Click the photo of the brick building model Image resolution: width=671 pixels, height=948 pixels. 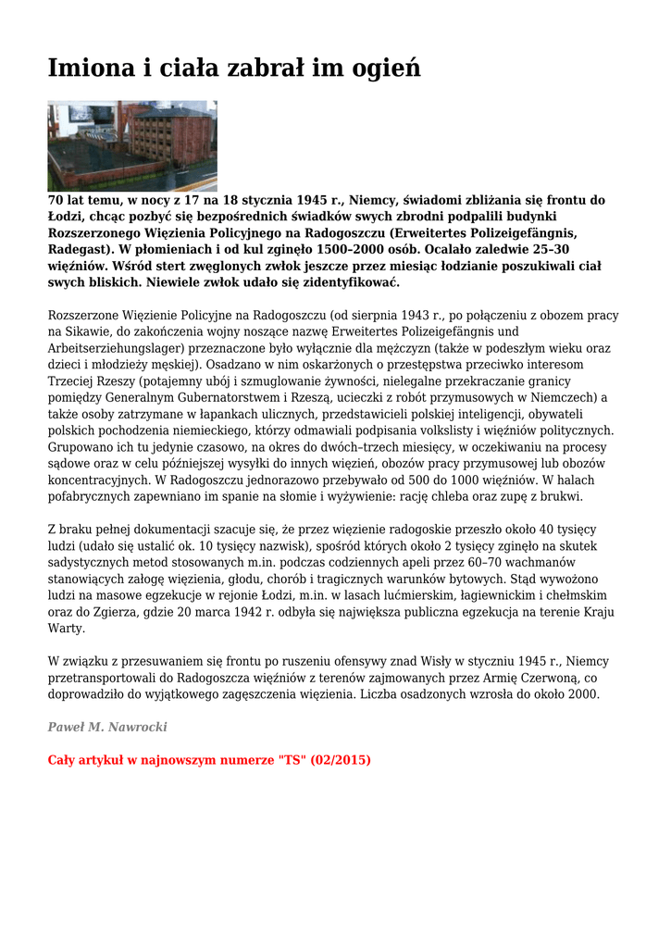click(x=132, y=146)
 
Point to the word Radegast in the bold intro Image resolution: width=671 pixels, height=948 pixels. click(x=79, y=249)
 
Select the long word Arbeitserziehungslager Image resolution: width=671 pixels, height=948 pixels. click(x=118, y=348)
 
